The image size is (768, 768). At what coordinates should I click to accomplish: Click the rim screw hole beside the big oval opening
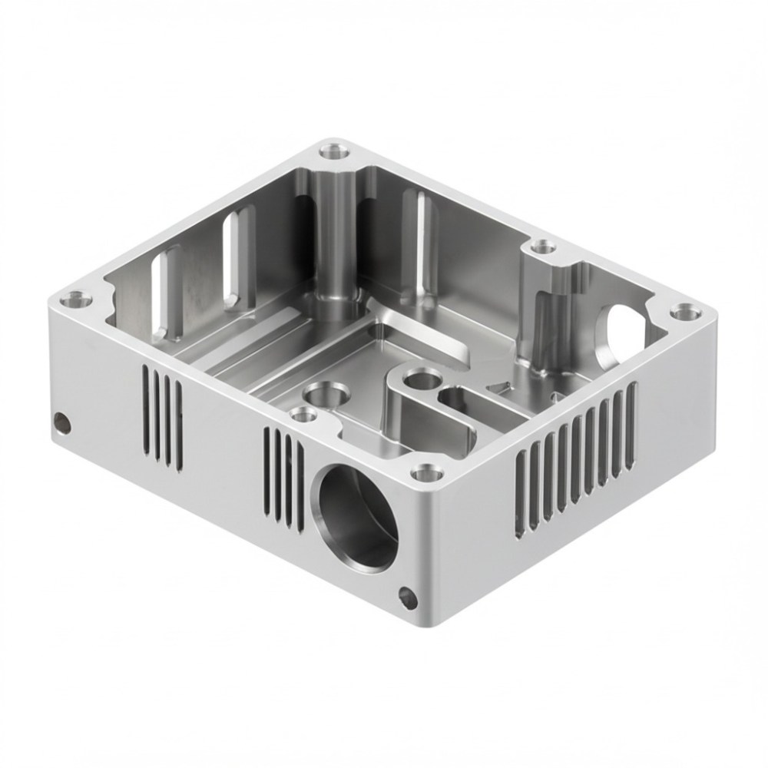click(x=681, y=311)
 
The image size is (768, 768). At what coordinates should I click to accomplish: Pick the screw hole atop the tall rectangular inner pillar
click(x=544, y=247)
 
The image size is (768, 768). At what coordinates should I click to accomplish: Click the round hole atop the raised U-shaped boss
click(x=421, y=378)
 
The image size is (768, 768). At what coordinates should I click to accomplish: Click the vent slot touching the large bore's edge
click(x=300, y=482)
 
